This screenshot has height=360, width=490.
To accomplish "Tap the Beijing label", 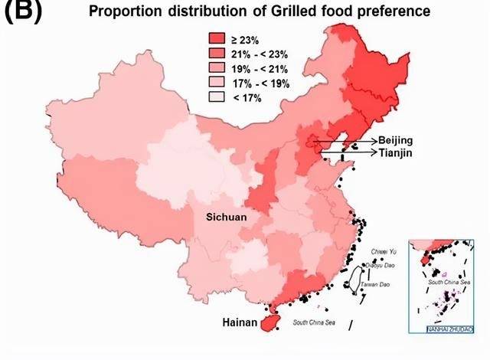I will coord(395,141).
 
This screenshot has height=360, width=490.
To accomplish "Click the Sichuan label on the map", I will coord(227,218).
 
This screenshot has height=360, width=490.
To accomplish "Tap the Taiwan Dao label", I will coord(374,285).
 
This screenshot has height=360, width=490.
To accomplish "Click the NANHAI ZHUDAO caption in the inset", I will coord(449,330).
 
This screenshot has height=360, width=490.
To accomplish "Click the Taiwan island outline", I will coord(353,286).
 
